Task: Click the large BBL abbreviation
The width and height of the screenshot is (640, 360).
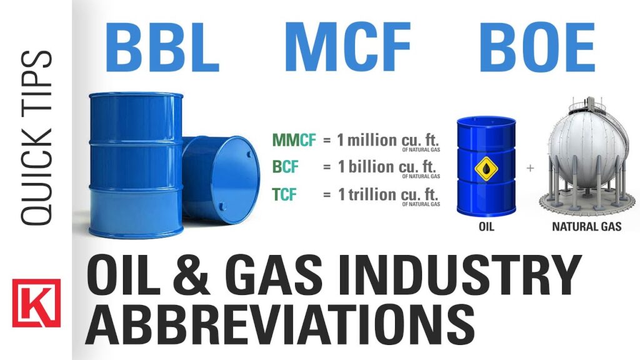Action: [162, 47]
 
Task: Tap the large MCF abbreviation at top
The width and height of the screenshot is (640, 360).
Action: [347, 47]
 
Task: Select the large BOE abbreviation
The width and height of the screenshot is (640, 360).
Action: [537, 47]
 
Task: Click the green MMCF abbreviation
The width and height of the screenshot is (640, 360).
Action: [294, 140]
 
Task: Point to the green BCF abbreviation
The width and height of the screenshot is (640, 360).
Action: [285, 166]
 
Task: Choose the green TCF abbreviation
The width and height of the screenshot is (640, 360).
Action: [284, 194]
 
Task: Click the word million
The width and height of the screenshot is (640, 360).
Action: [372, 140]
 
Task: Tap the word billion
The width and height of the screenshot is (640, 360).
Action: [371, 166]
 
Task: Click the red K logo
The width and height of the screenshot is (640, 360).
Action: [36, 303]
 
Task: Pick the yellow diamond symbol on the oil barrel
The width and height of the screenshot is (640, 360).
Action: [486, 169]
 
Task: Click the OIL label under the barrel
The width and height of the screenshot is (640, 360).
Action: [486, 226]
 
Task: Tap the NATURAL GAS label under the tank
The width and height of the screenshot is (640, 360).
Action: [586, 226]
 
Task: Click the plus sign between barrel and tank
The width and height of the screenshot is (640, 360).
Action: [530, 167]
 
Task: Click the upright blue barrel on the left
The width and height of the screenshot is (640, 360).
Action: [136, 165]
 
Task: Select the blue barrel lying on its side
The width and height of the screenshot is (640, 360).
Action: [221, 179]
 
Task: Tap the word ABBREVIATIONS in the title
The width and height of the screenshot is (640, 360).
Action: [280, 323]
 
